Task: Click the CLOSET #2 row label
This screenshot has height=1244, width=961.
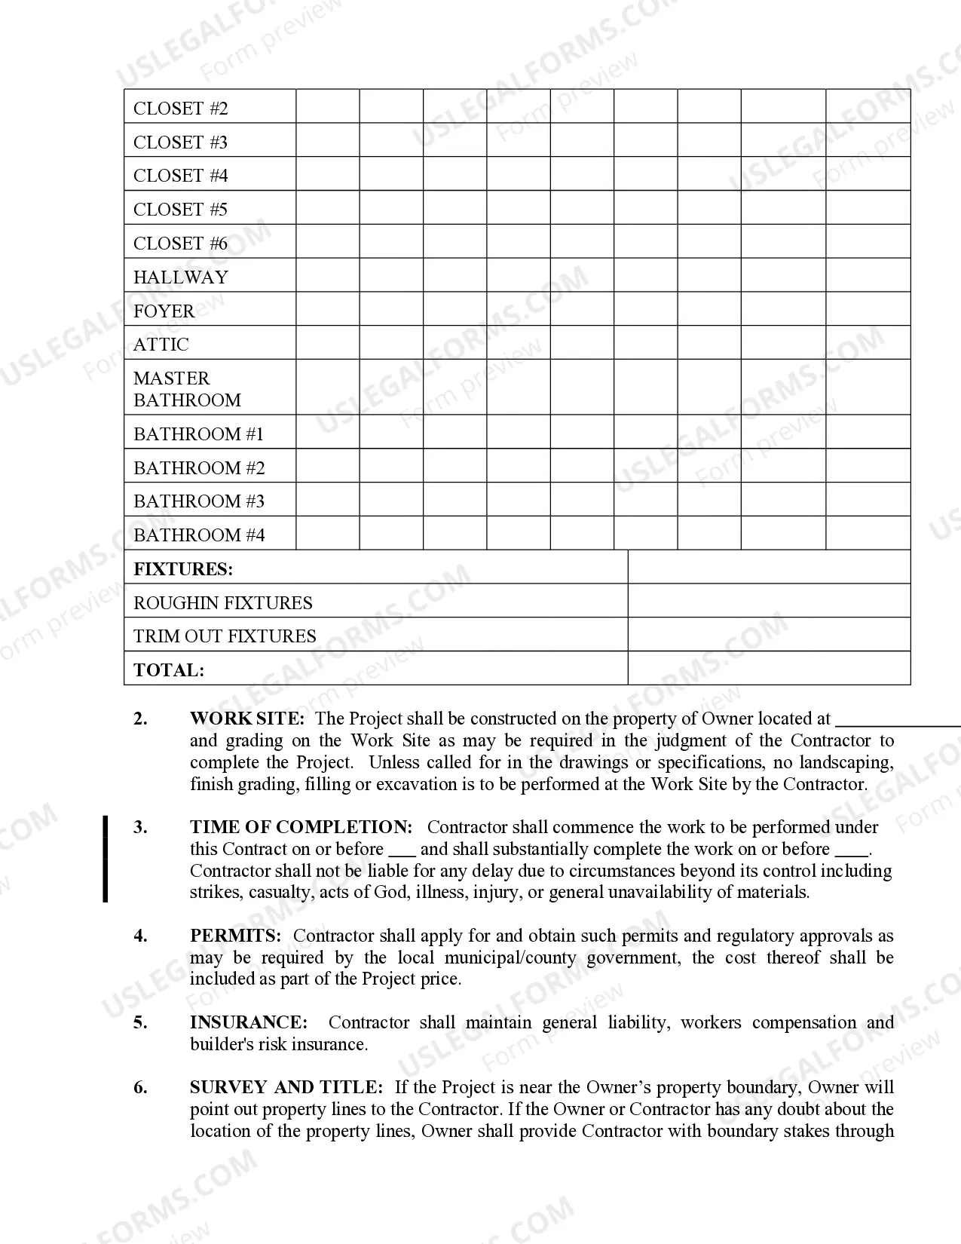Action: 180,109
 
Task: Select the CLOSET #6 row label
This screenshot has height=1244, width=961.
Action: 180,244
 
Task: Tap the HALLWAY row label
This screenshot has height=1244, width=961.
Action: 180,277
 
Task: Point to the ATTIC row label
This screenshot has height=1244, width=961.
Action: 161,345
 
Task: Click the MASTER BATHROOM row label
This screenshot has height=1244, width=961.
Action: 187,389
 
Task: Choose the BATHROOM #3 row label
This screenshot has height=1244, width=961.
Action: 199,501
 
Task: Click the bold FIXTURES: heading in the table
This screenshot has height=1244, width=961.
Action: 183,569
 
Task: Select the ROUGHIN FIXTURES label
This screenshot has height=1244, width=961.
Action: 222,603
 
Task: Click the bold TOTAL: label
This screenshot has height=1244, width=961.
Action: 169,670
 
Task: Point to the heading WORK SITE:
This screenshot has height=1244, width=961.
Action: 247,719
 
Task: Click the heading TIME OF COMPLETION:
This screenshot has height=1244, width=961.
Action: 301,827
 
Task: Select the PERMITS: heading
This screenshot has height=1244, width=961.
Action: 235,936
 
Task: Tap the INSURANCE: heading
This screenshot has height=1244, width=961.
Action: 249,1022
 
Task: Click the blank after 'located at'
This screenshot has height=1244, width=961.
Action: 897,722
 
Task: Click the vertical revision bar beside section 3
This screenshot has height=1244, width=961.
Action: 106,859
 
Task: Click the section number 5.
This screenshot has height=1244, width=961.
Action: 140,1022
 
